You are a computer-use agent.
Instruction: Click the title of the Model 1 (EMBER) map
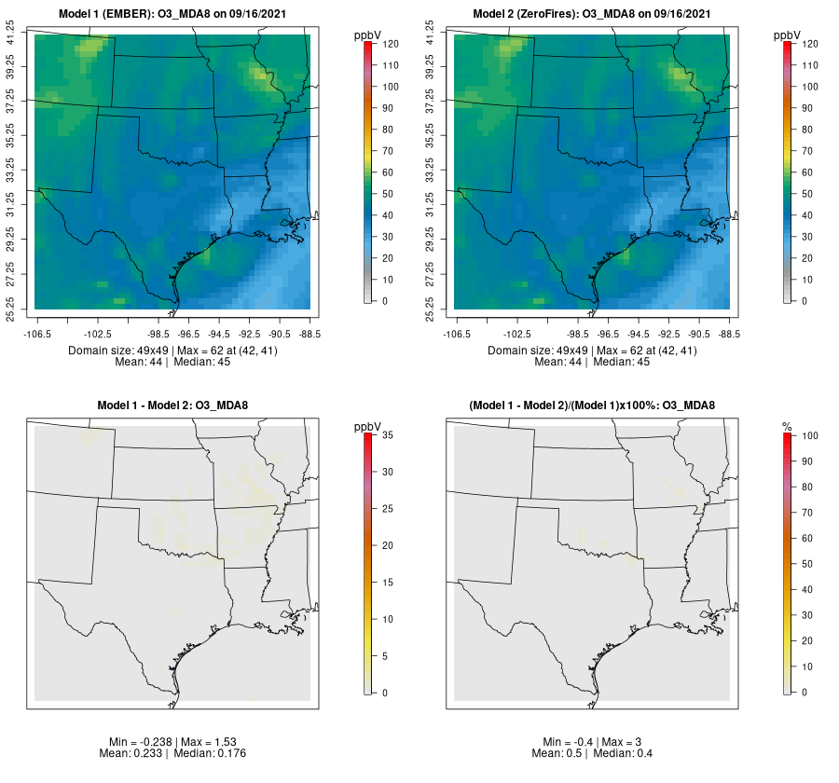(173, 13)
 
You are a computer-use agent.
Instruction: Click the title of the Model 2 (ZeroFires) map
(593, 13)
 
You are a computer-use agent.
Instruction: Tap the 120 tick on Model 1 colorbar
(390, 44)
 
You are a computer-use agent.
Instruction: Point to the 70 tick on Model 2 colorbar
(809, 151)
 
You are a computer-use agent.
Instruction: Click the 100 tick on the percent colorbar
(808, 434)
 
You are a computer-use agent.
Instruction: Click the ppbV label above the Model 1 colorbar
(368, 35)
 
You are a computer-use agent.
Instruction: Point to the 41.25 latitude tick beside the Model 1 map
(11, 34)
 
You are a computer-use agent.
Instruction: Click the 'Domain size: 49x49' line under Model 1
(172, 350)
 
